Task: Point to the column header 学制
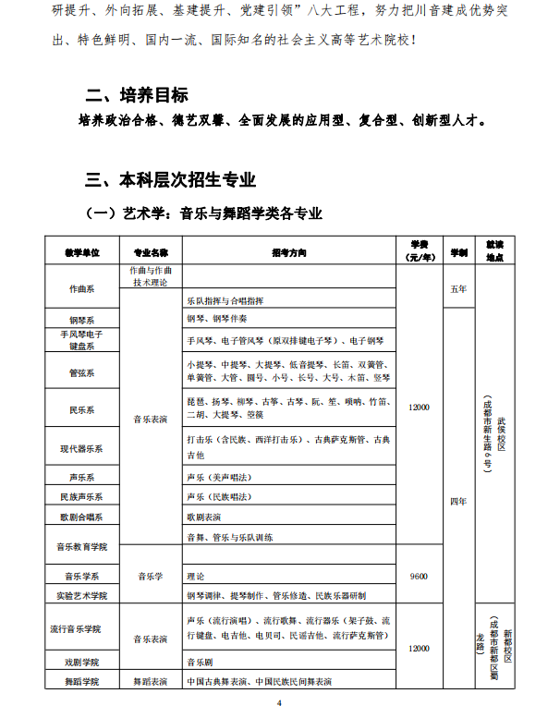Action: (x=457, y=251)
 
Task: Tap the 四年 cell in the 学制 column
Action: (x=457, y=500)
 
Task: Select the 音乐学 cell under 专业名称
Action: (x=151, y=577)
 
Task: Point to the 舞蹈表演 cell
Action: (x=151, y=682)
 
